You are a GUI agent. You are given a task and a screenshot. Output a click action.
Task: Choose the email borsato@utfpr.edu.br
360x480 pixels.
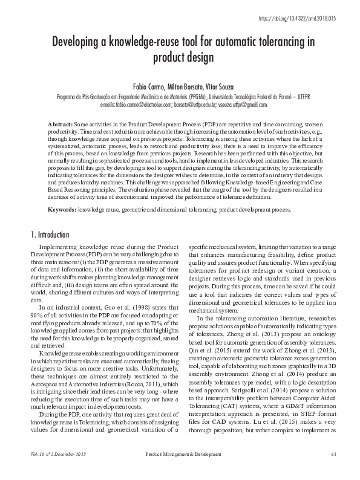tap(197, 105)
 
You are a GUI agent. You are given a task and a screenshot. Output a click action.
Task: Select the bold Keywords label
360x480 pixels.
tap(62, 210)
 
